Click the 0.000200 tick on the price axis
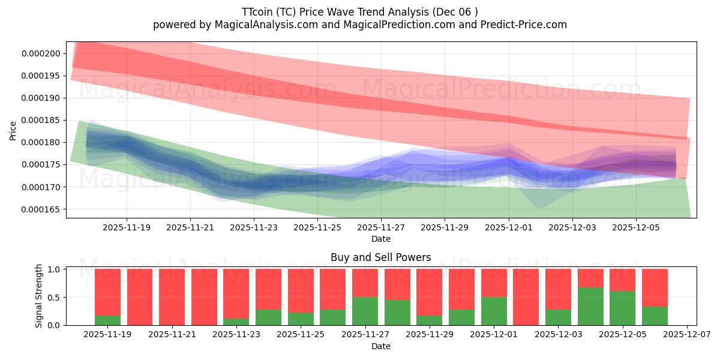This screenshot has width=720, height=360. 41,53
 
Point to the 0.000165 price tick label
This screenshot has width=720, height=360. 41,209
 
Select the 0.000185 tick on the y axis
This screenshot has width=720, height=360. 41,120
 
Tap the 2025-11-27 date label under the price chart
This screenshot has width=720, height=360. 381,227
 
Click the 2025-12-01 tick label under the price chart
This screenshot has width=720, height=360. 509,227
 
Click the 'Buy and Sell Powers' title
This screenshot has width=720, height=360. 381,257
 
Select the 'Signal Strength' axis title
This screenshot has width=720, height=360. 38,296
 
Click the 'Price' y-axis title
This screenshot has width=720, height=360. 13,130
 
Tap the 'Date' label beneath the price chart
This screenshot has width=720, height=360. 381,239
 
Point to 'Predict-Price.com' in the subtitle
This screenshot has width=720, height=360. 529,25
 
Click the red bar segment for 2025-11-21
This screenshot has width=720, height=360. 172,297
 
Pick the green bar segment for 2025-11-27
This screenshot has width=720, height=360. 365,311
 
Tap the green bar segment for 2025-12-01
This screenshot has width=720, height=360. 494,311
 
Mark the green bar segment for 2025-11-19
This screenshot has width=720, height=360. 107,320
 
